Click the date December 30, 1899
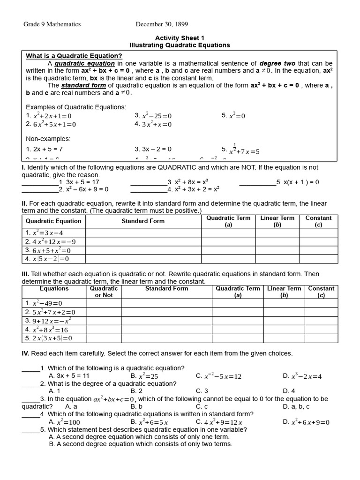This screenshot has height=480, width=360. coord(162,24)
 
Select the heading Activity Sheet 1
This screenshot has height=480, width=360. coord(180,38)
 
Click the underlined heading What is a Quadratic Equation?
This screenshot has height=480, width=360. coord(74,56)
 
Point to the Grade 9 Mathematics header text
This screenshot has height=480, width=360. coord(52,24)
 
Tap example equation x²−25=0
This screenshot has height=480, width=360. coord(153,116)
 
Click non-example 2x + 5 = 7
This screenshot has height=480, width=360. coord(45,149)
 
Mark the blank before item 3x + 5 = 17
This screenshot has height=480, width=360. coord(40,182)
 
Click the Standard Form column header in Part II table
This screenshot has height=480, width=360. coord(143,221)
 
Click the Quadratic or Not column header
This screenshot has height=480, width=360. coord(104,292)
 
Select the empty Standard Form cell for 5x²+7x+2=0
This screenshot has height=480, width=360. coord(166,312)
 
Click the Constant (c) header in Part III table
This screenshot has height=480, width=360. coord(321,292)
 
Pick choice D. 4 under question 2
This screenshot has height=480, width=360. coord(289,391)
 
